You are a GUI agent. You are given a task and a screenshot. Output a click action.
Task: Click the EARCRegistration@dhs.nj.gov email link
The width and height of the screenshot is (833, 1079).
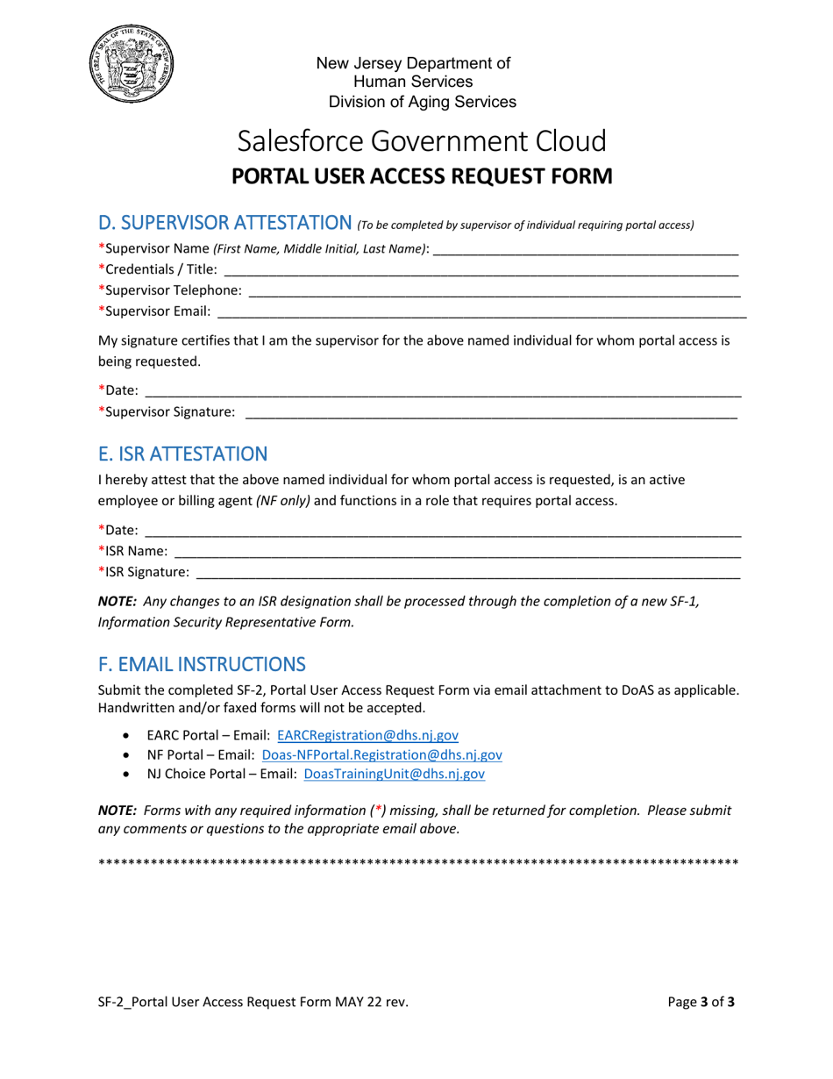coord(367,736)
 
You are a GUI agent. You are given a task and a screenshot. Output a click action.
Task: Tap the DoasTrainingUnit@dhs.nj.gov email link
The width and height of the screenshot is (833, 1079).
coord(394,774)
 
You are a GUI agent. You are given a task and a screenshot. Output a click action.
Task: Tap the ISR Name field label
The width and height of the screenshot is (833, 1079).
coord(132,551)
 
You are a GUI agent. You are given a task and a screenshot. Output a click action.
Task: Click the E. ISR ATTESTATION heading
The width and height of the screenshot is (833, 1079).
coord(182,454)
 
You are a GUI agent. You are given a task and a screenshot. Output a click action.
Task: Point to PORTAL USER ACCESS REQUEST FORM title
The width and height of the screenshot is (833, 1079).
coord(421,176)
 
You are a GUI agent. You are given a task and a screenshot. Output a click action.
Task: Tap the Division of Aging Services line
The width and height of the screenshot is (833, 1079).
coord(422,102)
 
